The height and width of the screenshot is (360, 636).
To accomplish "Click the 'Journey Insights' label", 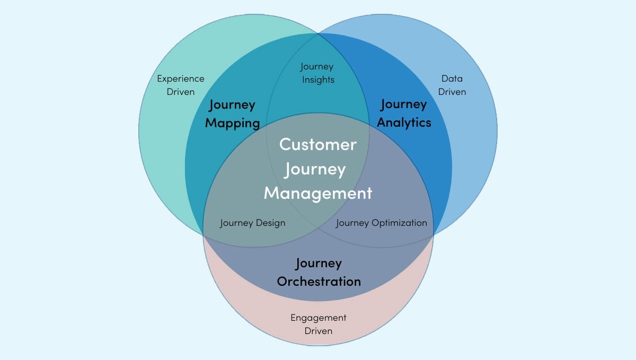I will [317, 73].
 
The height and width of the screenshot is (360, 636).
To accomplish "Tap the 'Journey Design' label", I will [252, 223].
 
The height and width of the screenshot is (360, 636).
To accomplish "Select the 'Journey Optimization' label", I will [381, 223].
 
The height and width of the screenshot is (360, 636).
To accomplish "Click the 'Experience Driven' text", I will [181, 85].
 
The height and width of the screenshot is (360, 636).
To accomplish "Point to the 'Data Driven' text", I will [452, 85].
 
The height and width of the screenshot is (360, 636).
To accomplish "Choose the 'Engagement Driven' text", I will [318, 324].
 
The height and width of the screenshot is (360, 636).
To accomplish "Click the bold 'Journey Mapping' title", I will [232, 113].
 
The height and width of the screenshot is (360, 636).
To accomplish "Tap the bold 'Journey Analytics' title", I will [403, 113].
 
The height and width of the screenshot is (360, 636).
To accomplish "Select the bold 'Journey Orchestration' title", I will [319, 272].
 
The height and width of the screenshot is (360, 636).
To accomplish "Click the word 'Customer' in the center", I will [318, 144].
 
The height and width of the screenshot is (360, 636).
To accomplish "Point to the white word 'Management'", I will [318, 193].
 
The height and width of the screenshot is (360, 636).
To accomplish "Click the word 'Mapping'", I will [232, 123].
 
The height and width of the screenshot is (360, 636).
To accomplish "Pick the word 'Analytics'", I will [403, 122].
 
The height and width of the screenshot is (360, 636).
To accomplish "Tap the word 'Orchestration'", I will [319, 281].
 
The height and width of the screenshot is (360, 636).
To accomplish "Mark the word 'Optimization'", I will [399, 223].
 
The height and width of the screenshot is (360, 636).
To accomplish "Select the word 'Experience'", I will [181, 78].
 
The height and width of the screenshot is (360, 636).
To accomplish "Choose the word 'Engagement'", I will [318, 318].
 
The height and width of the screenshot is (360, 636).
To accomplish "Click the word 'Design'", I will [270, 223].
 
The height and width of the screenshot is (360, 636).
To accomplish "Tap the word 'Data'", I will [452, 78].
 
